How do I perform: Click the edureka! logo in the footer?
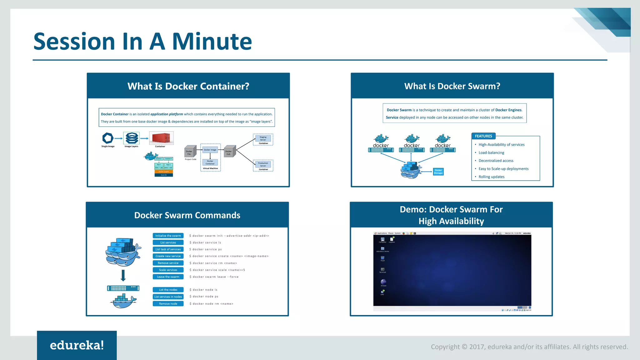pos(77,345)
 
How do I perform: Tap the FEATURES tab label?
pos(483,136)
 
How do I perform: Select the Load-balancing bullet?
pos(491,153)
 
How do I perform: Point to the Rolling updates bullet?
pos(491,177)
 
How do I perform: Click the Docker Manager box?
pos(438,172)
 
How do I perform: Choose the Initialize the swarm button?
pos(168,236)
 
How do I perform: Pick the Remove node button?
pos(168,304)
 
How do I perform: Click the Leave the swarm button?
pos(168,277)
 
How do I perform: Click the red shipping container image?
pos(161,138)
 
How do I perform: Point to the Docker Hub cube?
pos(230,152)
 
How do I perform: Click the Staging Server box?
pos(263,138)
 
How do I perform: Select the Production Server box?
pos(263,164)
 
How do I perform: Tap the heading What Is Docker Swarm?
pos(452,86)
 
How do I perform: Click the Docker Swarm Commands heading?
pos(187,215)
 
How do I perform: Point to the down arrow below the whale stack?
pos(123,275)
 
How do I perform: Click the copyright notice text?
pos(529,347)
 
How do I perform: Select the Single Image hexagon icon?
pos(108,138)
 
